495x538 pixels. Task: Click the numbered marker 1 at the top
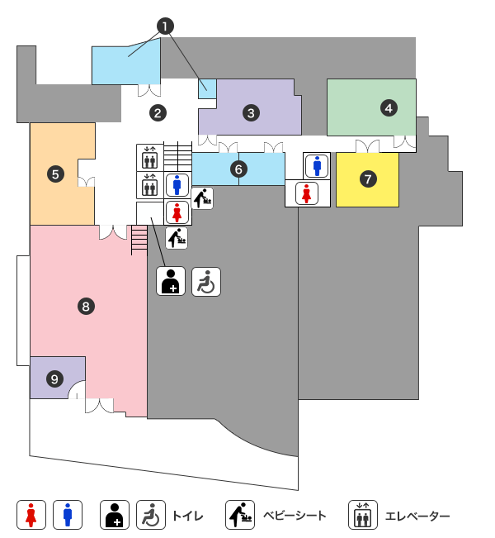pos(167,26)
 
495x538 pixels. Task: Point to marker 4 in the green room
pos(388,107)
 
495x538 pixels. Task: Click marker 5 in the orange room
pos(55,174)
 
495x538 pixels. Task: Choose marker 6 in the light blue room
pos(238,169)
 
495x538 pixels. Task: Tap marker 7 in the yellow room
pos(368,178)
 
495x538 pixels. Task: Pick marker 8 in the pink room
pos(86,307)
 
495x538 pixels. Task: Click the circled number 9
pos(55,379)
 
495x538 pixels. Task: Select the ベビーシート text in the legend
pos(295,517)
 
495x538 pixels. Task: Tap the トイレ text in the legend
pos(187,517)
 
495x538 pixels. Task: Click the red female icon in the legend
pos(31,515)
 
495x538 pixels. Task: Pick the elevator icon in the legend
pos(362,515)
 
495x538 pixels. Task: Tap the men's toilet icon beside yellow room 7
pos(318,165)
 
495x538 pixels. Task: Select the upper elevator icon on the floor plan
pos(149,156)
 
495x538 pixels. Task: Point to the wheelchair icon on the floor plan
pos(206,282)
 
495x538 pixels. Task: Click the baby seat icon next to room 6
pos(203,198)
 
